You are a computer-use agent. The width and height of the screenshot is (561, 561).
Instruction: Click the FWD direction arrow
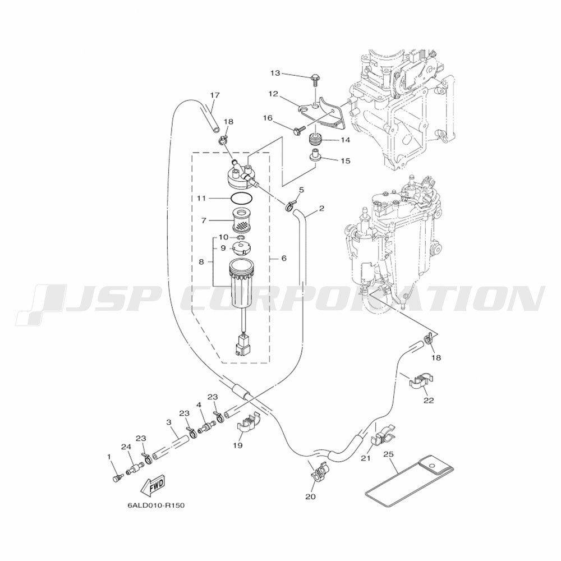point(153,485)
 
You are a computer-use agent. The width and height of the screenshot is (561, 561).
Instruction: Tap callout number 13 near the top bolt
point(275,73)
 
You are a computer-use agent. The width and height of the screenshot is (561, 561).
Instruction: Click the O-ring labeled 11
point(242,197)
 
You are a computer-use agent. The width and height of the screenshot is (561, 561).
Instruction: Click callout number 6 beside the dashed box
point(284,258)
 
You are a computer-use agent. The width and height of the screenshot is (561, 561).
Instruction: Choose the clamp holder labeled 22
point(421,381)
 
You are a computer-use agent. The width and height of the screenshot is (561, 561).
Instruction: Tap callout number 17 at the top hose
point(215,95)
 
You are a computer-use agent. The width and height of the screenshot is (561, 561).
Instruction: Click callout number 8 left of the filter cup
point(201,262)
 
